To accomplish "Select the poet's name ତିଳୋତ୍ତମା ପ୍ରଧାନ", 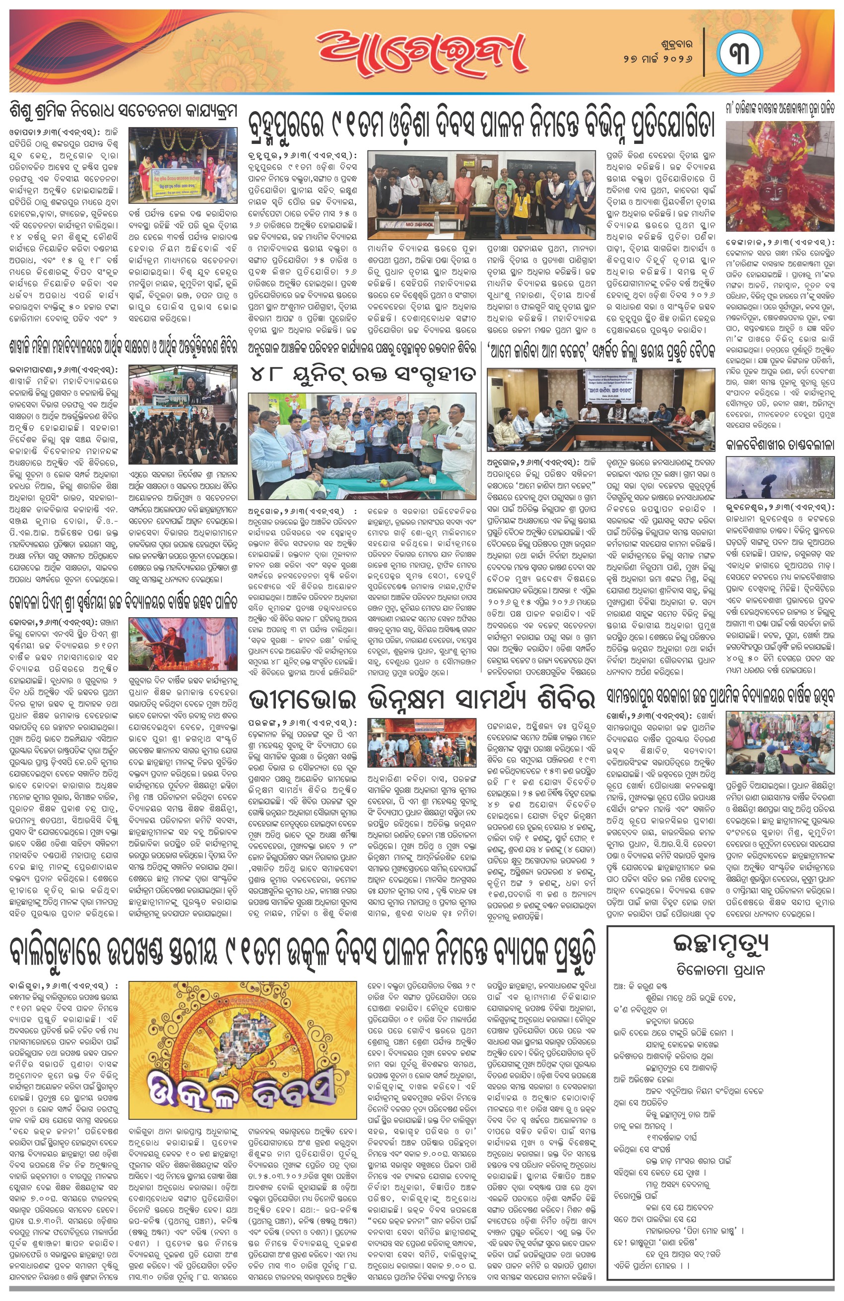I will pos(720,970).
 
